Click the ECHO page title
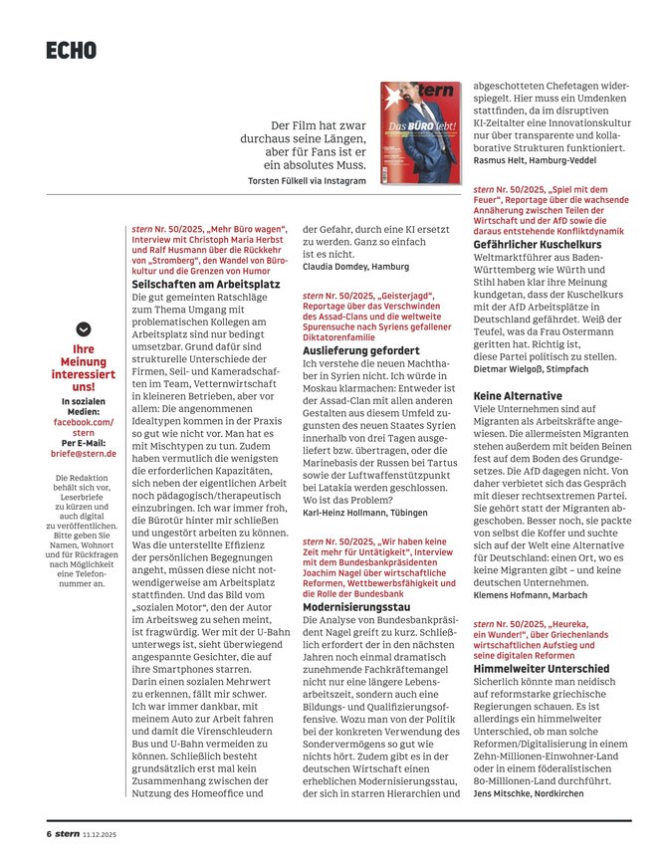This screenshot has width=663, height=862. tap(71, 49)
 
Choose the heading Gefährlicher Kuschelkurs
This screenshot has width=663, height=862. tap(537, 245)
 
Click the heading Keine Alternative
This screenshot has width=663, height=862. tap(512, 395)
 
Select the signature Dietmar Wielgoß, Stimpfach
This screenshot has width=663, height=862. tap(536, 368)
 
